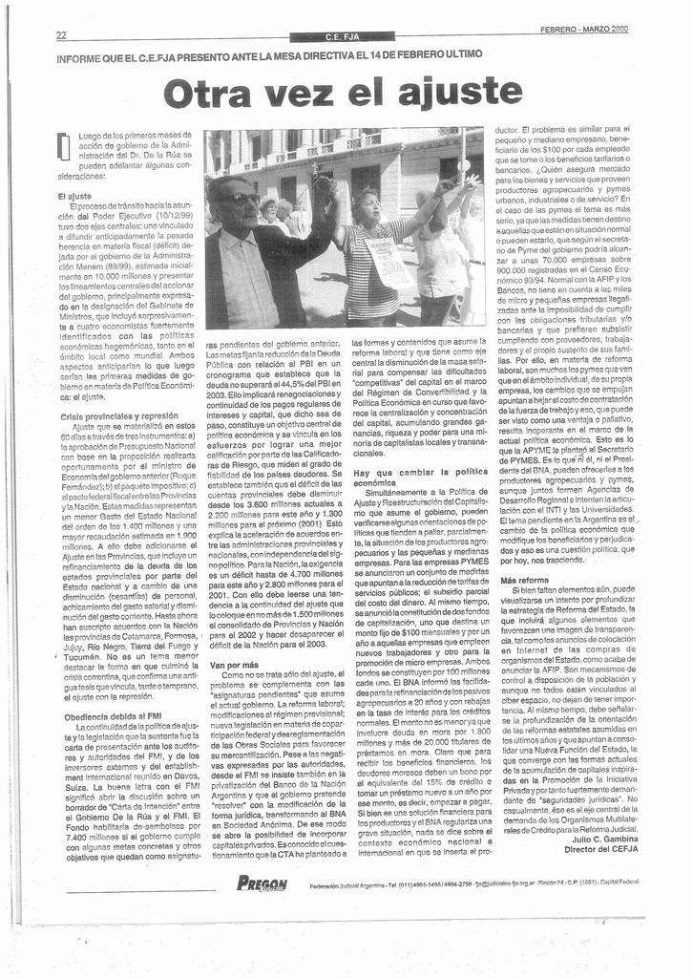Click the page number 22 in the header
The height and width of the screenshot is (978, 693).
tap(61, 35)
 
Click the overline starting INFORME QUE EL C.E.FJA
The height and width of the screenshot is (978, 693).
tap(268, 57)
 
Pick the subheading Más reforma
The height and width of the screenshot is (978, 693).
tap(525, 580)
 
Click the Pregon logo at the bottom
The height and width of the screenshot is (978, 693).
tap(261, 883)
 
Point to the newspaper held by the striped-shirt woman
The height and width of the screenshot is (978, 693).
tap(388, 264)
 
